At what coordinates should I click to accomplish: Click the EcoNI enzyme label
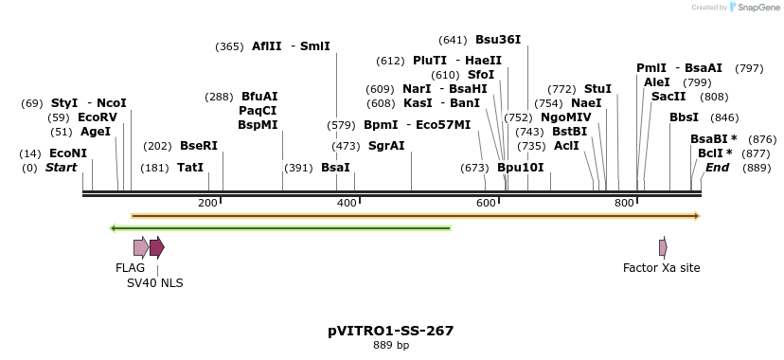click(x=67, y=153)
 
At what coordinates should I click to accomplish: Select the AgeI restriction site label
click(x=95, y=132)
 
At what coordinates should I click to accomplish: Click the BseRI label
click(x=198, y=146)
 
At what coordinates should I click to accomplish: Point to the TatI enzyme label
click(x=190, y=168)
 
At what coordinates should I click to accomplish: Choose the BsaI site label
click(x=335, y=168)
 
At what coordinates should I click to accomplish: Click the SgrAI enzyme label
click(x=385, y=146)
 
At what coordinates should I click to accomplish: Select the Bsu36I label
click(x=497, y=40)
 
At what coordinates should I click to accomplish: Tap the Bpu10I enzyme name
click(x=521, y=168)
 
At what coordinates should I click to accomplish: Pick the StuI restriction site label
click(x=597, y=89)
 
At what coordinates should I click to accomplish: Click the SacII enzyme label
click(x=668, y=97)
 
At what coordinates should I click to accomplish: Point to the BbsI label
click(x=684, y=117)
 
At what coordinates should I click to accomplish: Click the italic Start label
click(x=61, y=168)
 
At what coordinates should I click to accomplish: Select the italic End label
click(x=717, y=168)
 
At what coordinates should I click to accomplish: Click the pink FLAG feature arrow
click(x=140, y=248)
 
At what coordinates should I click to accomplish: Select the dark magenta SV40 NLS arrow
click(x=156, y=248)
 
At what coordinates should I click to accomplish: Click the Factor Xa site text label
click(x=661, y=268)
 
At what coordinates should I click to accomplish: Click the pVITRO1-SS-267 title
click(x=390, y=331)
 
